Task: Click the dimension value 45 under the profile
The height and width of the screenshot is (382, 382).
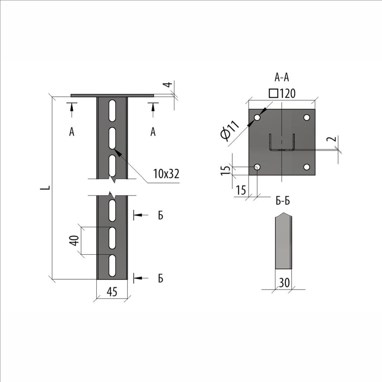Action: coord(112,291)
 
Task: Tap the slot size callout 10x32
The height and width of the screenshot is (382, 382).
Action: coord(166,174)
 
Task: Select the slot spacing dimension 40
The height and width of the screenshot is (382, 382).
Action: coord(75,240)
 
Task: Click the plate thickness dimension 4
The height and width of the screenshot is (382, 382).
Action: coord(168,85)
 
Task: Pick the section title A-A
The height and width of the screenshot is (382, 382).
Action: coord(282,77)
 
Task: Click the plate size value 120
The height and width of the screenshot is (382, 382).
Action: coord(287,93)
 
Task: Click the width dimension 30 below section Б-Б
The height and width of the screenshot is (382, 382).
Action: coord(284,283)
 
